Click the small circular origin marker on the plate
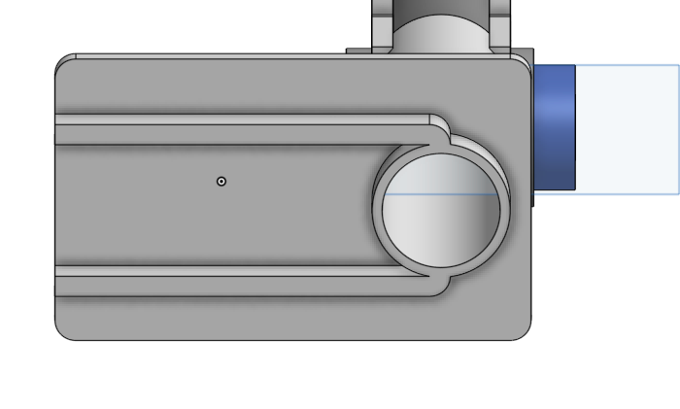[x=221, y=182]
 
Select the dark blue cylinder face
[x=555, y=126]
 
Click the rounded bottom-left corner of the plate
[x=61, y=333]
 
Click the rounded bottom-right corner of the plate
[x=526, y=333]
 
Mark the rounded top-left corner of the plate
[x=62, y=62]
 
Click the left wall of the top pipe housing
[x=382, y=24]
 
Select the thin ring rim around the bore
[x=378, y=209]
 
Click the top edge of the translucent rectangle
[x=627, y=66]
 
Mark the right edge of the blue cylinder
[x=575, y=126]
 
